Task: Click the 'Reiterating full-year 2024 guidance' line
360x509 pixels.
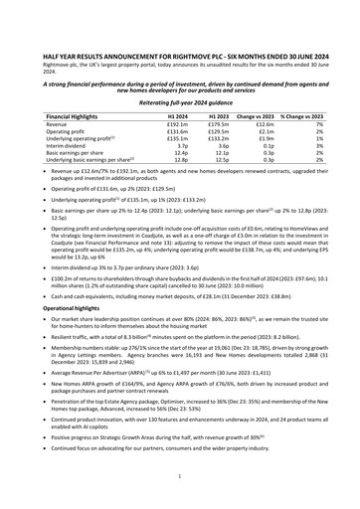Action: tap(179, 100)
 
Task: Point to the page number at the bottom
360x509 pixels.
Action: tap(180, 477)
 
